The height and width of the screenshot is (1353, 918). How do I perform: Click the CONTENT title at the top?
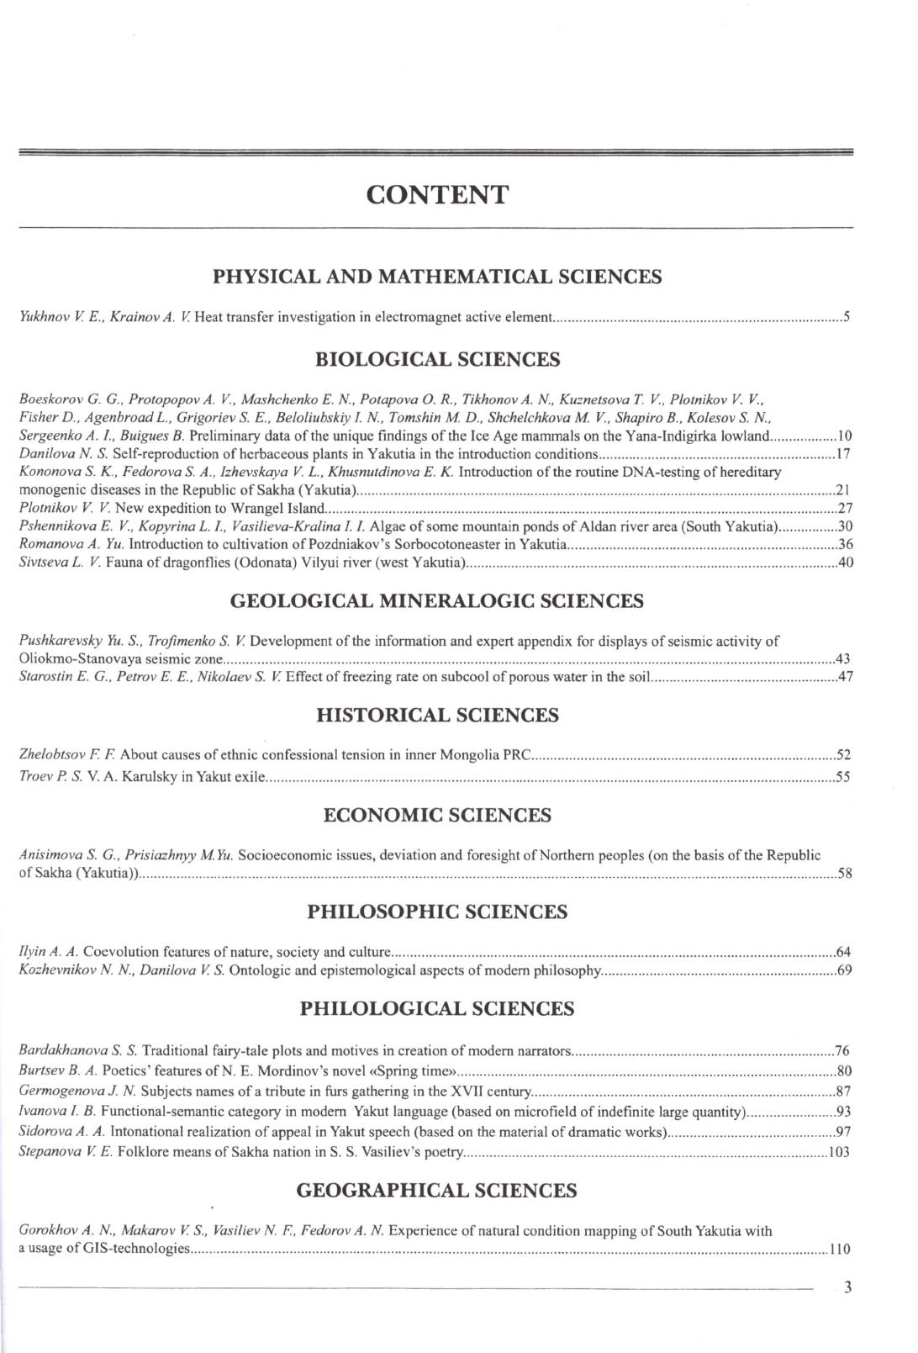(437, 195)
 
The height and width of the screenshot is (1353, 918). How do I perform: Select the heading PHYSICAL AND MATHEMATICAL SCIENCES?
(437, 277)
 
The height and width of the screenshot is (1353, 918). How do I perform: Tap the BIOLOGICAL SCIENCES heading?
(437, 360)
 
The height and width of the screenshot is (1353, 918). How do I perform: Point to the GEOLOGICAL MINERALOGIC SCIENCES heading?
(437, 601)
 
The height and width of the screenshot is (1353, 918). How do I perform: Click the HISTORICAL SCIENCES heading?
(437, 716)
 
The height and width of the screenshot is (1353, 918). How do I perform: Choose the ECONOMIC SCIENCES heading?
(437, 815)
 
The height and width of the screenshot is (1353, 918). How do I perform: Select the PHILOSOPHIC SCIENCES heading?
(437, 912)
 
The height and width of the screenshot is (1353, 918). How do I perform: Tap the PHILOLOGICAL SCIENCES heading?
(437, 1009)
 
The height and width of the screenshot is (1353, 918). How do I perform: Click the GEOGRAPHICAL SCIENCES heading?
(437, 1191)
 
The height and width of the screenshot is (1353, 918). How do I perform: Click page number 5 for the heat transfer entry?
(847, 318)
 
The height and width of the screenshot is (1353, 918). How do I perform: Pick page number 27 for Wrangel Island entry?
(846, 508)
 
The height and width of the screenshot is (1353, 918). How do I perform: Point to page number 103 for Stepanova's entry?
(839, 1152)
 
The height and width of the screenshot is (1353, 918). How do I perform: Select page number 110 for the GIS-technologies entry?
(839, 1249)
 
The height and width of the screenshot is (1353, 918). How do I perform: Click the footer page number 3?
(847, 1287)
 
